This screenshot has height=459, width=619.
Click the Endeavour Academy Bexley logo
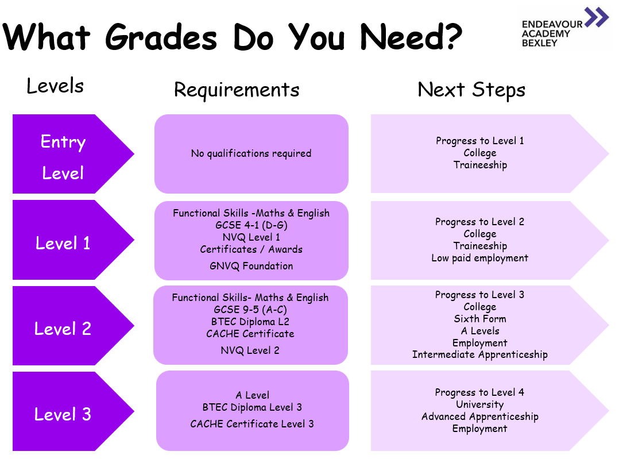pyautogui.click(x=564, y=28)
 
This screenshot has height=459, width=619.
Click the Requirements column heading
pyautogui.click(x=237, y=90)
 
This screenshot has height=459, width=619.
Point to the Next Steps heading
pyautogui.click(x=471, y=90)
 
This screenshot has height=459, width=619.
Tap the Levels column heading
pyautogui.click(x=55, y=86)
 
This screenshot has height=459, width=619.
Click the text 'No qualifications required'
pyautogui.click(x=251, y=153)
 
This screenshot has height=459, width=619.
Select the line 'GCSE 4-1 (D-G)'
pyautogui.click(x=252, y=225)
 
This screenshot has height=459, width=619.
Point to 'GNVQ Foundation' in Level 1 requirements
pyautogui.click(x=252, y=266)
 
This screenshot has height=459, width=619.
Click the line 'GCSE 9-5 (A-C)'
pyautogui.click(x=250, y=310)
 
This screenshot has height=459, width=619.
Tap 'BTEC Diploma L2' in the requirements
pyautogui.click(x=250, y=322)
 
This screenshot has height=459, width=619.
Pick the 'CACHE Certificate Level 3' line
pyautogui.click(x=252, y=424)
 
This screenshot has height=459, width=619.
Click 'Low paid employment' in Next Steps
pyautogui.click(x=479, y=259)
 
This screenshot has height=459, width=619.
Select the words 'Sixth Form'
pyautogui.click(x=480, y=319)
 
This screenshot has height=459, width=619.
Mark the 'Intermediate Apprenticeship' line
pyautogui.click(x=480, y=354)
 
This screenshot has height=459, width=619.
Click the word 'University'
pyautogui.click(x=480, y=404)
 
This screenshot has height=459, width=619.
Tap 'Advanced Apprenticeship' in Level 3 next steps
pyautogui.click(x=480, y=416)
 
